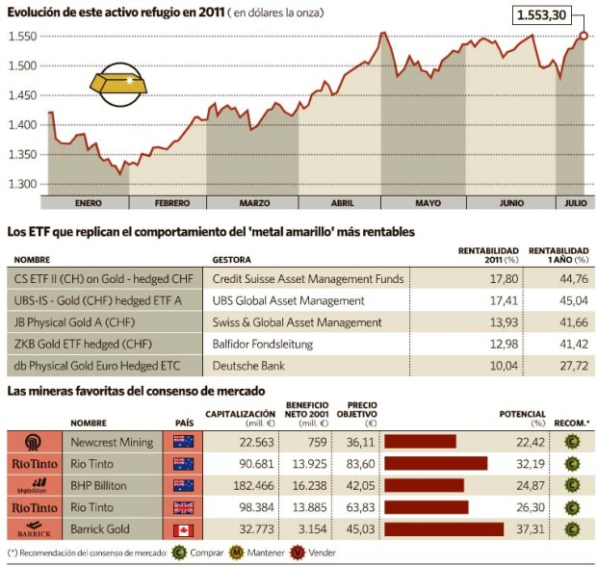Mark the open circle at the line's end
584,36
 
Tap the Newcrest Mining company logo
32,442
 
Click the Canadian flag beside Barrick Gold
184,527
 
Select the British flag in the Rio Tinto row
184,506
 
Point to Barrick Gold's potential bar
443,527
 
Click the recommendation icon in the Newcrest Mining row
572,442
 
